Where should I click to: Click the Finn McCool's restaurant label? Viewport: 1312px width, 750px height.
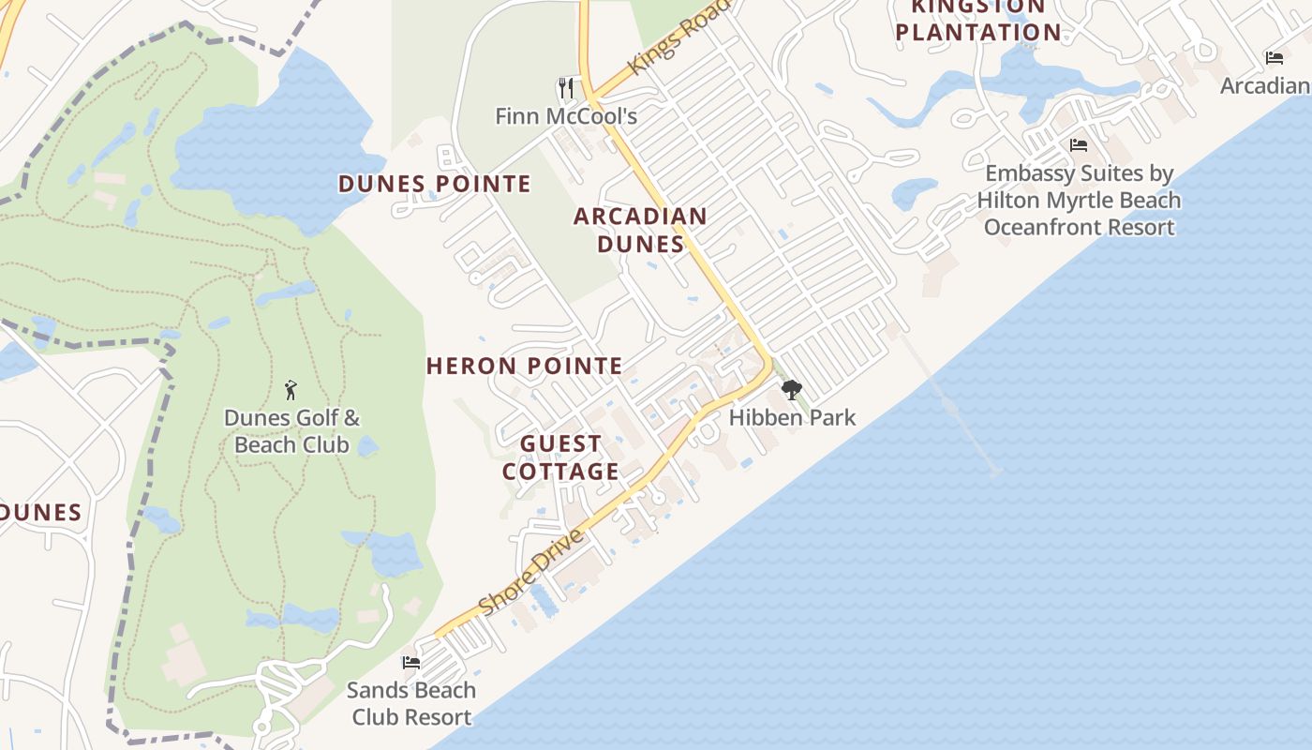tap(566, 116)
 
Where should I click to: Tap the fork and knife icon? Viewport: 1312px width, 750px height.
tap(565, 88)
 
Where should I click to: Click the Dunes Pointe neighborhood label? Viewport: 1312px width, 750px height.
tap(435, 184)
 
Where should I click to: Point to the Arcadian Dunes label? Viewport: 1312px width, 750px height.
tap(641, 230)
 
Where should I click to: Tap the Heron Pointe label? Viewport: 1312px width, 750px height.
tap(525, 366)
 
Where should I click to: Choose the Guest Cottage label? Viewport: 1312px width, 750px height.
tap(560, 457)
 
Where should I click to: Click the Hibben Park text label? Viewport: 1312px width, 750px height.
tap(792, 417)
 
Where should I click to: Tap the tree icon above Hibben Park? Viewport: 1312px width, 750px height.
tap(792, 389)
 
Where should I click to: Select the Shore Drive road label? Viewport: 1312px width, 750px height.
tap(531, 572)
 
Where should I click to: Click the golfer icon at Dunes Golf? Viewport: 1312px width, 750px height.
tap(291, 390)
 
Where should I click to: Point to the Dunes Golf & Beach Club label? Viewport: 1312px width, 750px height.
tap(291, 431)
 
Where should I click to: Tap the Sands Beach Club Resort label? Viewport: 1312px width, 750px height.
tap(411, 703)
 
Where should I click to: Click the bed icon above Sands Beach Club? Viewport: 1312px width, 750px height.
tap(411, 662)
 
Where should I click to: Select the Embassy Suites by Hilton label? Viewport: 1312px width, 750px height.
tap(1079, 200)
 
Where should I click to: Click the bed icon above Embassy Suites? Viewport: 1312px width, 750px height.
tap(1079, 145)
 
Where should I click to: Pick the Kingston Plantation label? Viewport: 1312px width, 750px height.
tap(978, 21)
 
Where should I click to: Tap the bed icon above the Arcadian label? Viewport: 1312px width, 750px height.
tap(1275, 58)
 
